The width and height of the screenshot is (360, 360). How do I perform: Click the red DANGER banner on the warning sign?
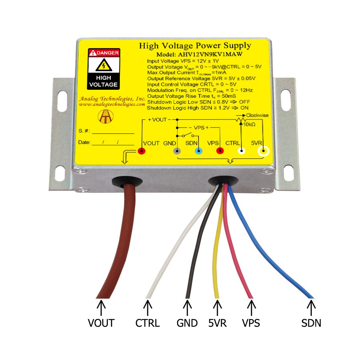[104, 53]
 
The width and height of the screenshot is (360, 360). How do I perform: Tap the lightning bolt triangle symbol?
[104, 65]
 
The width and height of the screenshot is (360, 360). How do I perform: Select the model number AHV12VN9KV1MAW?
[210, 55]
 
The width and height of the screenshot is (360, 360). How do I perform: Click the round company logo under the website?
[105, 116]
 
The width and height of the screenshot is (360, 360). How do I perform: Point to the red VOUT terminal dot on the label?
[142, 151]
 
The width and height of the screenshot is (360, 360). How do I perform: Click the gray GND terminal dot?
[177, 151]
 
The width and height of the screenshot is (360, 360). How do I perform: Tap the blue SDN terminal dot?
[198, 151]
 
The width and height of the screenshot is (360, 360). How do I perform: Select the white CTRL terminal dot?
[241, 151]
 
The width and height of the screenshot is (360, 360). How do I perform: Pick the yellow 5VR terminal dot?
[263, 151]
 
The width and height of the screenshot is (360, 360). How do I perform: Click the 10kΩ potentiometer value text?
[249, 124]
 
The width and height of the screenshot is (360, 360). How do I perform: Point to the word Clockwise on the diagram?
[257, 115]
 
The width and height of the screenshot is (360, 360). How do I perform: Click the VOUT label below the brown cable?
[101, 323]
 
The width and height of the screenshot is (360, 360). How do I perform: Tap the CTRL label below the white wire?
[148, 323]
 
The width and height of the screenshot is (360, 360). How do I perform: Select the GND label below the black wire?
[187, 323]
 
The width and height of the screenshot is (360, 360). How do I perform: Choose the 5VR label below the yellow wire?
[217, 323]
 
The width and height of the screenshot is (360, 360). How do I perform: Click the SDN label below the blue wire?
[311, 323]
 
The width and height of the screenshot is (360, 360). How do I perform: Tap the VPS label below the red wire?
[251, 323]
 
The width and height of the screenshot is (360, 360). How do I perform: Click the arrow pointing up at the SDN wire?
[311, 308]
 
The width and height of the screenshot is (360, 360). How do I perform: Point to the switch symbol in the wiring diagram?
[188, 135]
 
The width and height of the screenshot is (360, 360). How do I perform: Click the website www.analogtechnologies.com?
[112, 105]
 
